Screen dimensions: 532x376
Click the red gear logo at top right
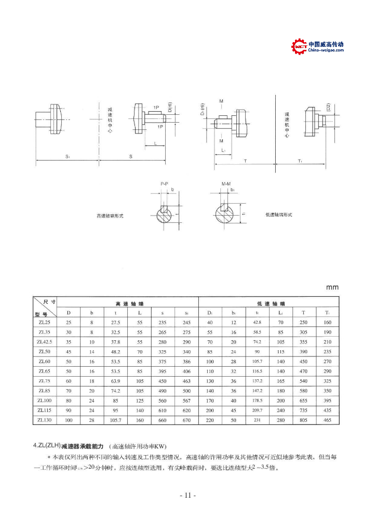(x=300, y=47)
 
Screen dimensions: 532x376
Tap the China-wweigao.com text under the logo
(x=326, y=50)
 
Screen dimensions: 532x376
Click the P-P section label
(x=164, y=183)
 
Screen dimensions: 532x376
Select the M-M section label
(x=226, y=183)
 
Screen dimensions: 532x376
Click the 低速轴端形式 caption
(x=279, y=214)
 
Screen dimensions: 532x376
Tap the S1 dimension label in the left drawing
(x=68, y=156)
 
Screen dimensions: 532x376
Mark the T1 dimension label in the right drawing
(x=300, y=161)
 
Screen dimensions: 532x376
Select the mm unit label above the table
(x=332, y=287)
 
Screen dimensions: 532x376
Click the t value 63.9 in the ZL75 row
(x=116, y=381)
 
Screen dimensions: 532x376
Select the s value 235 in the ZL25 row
(x=163, y=322)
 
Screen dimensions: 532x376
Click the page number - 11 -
(x=187, y=495)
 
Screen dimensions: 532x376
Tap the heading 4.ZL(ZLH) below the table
(x=47, y=446)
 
